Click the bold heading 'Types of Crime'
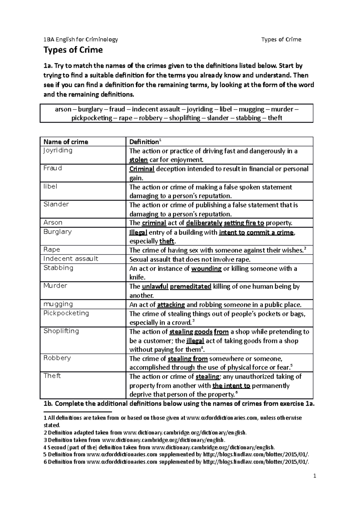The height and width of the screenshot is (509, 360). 73,50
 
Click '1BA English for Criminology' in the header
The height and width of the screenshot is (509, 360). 81,39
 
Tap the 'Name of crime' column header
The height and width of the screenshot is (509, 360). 66,142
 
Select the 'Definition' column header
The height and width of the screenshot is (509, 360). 144,142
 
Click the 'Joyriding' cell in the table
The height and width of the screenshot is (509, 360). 58,150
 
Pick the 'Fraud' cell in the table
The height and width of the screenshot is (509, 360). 53,168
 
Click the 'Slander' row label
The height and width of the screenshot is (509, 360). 56,204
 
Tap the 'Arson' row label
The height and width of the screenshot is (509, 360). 53,222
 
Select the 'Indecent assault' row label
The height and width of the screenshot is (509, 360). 71,259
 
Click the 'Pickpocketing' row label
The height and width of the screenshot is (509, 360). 66,313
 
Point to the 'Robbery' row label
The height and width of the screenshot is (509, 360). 57,358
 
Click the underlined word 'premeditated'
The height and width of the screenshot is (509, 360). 190,286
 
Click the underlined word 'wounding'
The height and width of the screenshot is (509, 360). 206,269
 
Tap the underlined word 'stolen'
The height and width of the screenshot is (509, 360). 138,160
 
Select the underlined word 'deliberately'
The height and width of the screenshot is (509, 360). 204,223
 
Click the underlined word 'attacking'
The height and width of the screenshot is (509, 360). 171,305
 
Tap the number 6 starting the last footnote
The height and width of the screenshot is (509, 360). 45,462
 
